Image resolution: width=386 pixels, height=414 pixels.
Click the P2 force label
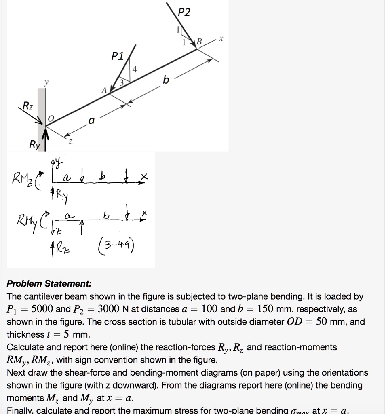click(x=184, y=13)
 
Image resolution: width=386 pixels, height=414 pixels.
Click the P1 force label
click(x=119, y=56)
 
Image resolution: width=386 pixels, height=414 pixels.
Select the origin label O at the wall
click(x=51, y=118)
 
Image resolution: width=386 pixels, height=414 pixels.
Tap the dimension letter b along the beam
click(x=165, y=80)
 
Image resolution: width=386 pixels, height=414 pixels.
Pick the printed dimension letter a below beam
click(x=91, y=120)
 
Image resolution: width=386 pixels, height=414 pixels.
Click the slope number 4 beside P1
click(x=135, y=69)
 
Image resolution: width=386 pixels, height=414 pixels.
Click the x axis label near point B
click(x=221, y=39)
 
